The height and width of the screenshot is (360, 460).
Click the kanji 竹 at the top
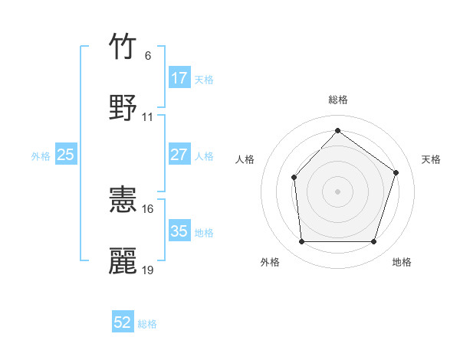(123, 47)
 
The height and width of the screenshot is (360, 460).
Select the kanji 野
(123, 107)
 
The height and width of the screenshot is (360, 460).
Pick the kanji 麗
(123, 260)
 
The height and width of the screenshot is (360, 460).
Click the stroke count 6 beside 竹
(147, 55)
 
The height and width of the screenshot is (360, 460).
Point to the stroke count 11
(148, 117)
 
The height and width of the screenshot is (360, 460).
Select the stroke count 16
(148, 208)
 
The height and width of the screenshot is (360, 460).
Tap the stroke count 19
(148, 270)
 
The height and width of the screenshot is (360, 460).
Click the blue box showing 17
(179, 78)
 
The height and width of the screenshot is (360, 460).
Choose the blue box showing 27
(179, 155)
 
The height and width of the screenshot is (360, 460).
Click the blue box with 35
(179, 231)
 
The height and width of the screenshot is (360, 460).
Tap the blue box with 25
(66, 155)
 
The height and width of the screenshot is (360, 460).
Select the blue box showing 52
(123, 322)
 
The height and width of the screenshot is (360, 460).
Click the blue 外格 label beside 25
(41, 155)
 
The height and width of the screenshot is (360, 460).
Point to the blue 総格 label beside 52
(147, 324)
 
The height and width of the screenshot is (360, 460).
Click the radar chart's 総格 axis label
(338, 100)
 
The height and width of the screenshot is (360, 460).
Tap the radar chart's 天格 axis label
(432, 159)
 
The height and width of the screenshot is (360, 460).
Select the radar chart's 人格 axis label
(245, 159)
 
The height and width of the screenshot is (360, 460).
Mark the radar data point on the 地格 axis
(373, 242)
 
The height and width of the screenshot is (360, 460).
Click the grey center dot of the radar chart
(337, 191)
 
